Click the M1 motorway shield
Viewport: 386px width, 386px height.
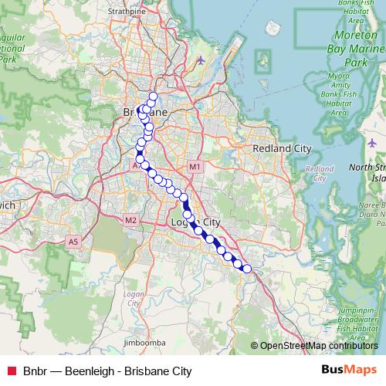[x=195, y=167]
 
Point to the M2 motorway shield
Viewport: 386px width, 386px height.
[x=130, y=220]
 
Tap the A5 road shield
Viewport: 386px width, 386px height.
[x=73, y=242]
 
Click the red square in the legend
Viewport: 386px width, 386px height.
[x=11, y=371]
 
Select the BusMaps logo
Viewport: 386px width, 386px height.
[x=350, y=370]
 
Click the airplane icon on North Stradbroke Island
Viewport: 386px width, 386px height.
[x=371, y=143]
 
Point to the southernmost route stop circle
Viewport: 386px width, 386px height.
[x=247, y=269]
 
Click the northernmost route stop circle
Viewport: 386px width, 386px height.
[x=153, y=96]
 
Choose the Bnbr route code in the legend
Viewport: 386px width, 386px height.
[x=35, y=371]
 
